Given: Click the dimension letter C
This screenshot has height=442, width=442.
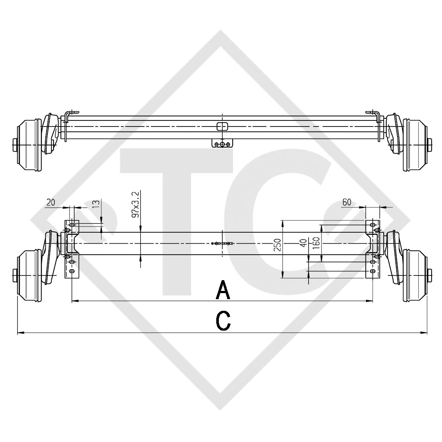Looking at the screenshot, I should coord(223,321).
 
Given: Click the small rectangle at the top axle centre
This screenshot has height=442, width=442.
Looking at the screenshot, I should coord(222,126).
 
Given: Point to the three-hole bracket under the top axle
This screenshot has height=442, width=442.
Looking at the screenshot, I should coord(222,144).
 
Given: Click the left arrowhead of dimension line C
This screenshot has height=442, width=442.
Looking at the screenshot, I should coord(19,333).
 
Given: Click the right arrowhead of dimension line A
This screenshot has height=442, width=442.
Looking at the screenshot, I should coord(370,300).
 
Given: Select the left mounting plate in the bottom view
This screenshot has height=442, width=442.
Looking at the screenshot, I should coord(71,249).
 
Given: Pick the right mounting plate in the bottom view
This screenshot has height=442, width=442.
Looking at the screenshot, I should coord(373,249).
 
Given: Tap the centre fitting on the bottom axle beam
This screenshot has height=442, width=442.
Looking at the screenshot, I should coord(222,244).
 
